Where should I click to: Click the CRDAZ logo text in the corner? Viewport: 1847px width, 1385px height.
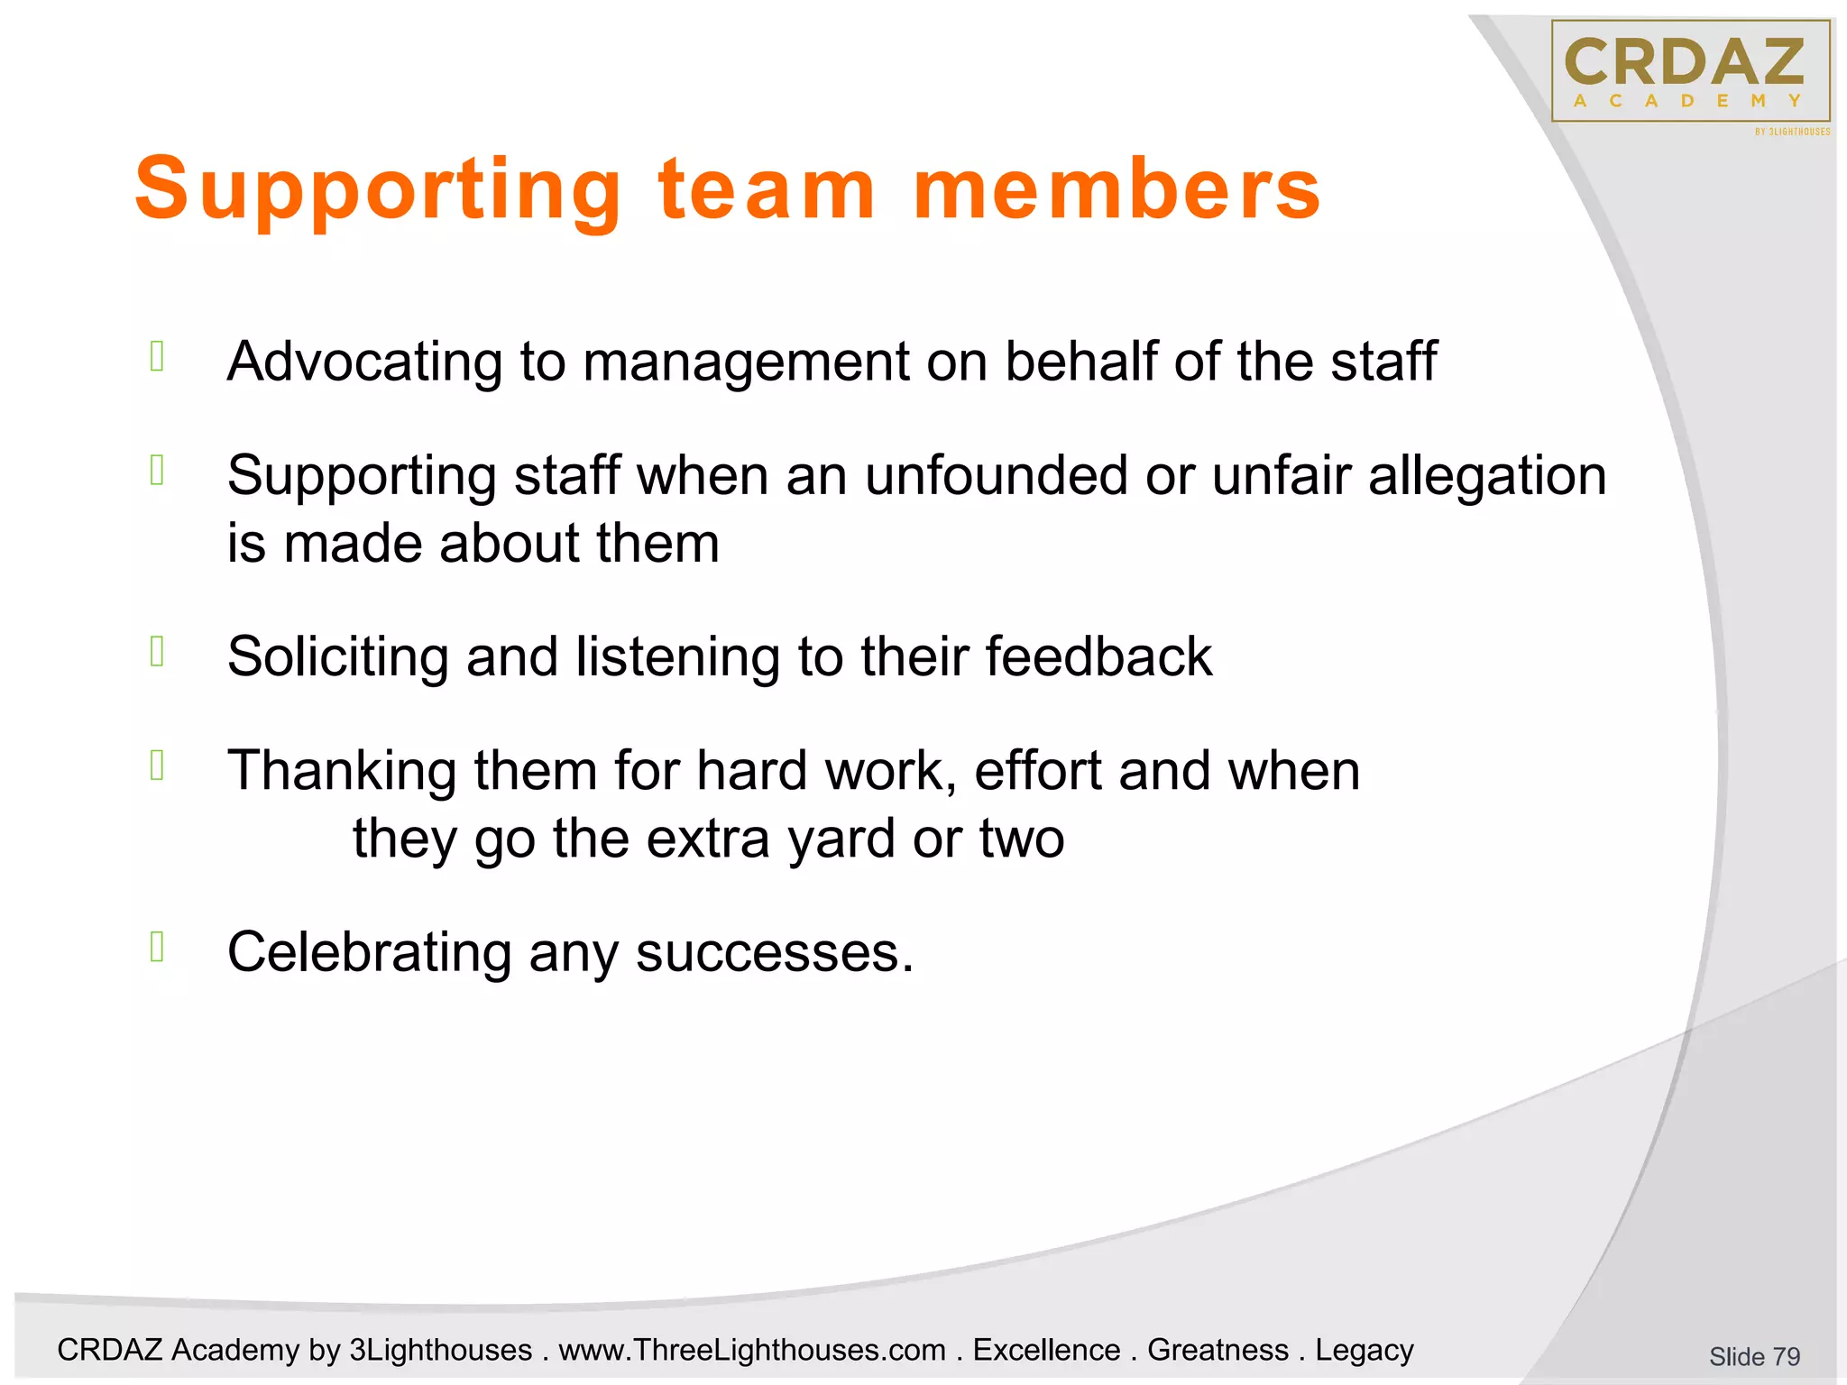pos(1685,61)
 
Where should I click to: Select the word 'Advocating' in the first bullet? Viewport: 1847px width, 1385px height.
pos(364,362)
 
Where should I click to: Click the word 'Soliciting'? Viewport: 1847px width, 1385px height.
pos(337,657)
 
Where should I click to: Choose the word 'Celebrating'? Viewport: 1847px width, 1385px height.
pos(369,953)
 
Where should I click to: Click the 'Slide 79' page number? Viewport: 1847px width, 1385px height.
pos(1754,1356)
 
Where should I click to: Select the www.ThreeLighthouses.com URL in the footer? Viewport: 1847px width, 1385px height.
pos(752,1350)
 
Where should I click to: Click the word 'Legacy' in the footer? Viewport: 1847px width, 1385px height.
pos(1364,1350)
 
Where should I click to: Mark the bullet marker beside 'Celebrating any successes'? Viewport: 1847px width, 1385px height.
pos(157,947)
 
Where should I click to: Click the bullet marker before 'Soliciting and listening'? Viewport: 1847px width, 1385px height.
pos(157,651)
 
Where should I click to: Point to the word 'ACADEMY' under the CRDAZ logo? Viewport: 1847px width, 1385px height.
pos(1686,101)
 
